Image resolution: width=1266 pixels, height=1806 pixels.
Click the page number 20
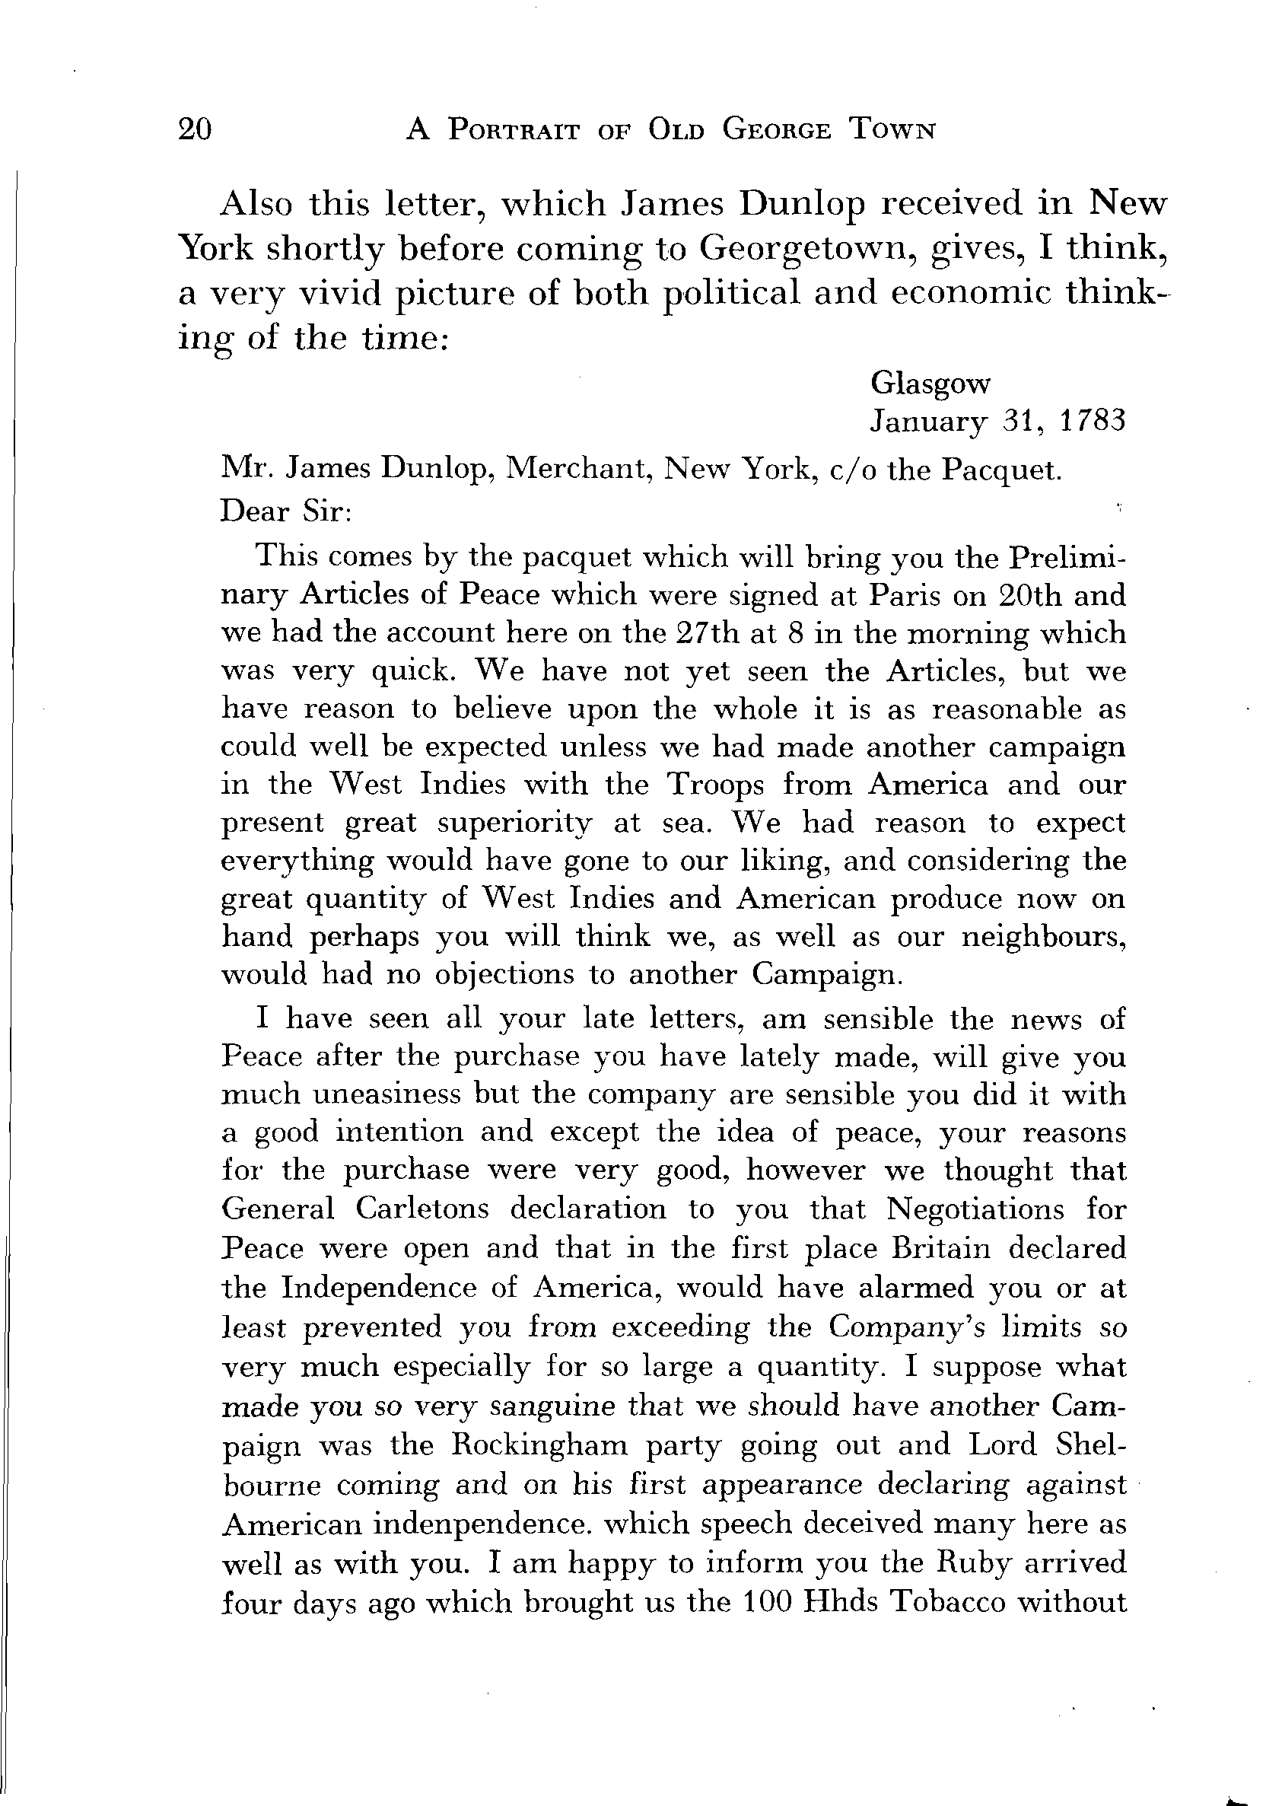[195, 128]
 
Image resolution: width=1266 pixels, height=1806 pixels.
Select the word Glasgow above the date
[930, 384]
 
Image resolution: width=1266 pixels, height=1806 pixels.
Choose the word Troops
[714, 784]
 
